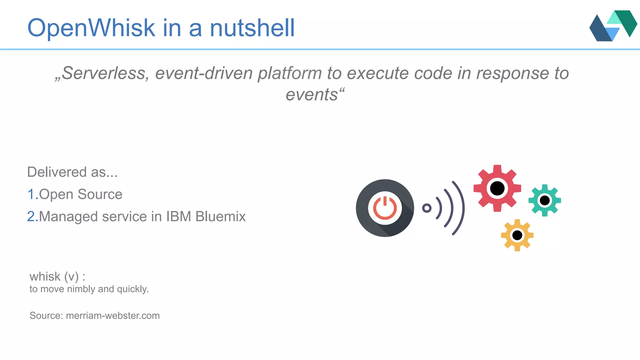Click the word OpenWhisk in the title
[x=91, y=28]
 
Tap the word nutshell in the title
[x=252, y=28]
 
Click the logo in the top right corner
[x=613, y=26]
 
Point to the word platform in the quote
[x=289, y=73]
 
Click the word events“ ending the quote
[x=315, y=94]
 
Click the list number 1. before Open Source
[x=32, y=194]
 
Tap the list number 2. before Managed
[x=32, y=217]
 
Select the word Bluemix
[x=220, y=217]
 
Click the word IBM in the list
[x=178, y=217]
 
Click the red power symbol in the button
[x=385, y=208]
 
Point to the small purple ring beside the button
[x=427, y=208]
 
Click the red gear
[x=497, y=188]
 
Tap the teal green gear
[x=545, y=200]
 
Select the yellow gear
[x=517, y=235]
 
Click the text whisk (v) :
[x=57, y=277]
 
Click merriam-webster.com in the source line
[x=113, y=316]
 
